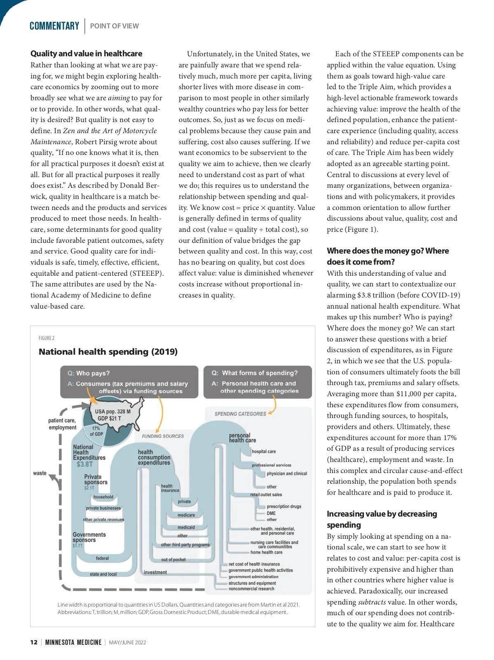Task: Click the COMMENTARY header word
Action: [54, 26]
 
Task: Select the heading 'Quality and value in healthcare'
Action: [86, 53]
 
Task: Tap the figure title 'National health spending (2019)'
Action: [108, 352]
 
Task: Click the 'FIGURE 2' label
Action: [47, 338]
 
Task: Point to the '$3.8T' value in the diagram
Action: [85, 464]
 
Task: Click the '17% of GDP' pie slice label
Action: [96, 431]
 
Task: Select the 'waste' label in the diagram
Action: [40, 473]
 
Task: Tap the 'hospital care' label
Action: [263, 451]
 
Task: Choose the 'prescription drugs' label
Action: [284, 506]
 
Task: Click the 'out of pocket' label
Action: [173, 559]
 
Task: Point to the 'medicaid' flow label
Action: [186, 527]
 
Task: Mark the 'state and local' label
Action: [103, 574]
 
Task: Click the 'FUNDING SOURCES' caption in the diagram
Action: [163, 436]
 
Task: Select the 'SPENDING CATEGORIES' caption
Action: [240, 414]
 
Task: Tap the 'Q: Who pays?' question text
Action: [89, 373]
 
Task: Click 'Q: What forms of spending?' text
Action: [254, 373]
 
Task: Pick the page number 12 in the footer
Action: [34, 642]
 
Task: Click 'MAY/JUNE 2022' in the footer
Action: [128, 642]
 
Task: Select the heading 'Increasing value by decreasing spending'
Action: [382, 519]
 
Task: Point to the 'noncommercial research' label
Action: [251, 588]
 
